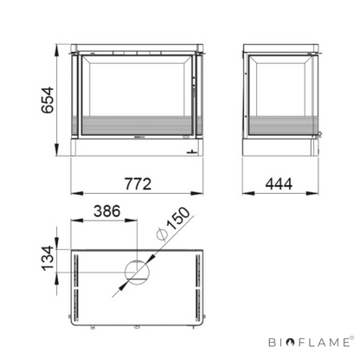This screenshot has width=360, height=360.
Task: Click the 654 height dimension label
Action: [48, 100]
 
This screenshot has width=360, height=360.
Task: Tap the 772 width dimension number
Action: [138, 183]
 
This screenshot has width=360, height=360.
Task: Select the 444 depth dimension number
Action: [279, 183]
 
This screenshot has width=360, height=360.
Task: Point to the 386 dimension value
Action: [106, 211]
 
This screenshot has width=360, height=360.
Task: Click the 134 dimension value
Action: [48, 259]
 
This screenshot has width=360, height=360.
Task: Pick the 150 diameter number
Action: [178, 219]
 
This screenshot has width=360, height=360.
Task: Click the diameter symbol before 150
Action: [161, 235]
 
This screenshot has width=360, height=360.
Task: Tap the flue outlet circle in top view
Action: [137, 273]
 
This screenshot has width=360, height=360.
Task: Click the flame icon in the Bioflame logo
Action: [291, 343]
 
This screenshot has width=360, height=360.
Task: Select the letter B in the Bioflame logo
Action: [273, 343]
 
